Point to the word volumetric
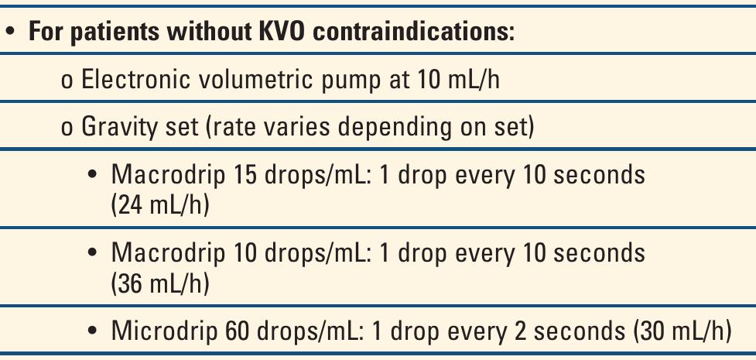[241, 81]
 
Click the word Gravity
[114, 126]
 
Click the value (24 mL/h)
[160, 206]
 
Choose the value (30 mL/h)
[682, 331]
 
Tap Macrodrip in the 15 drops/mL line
[165, 174]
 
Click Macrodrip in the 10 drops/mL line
[165, 253]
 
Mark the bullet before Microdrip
[93, 332]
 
